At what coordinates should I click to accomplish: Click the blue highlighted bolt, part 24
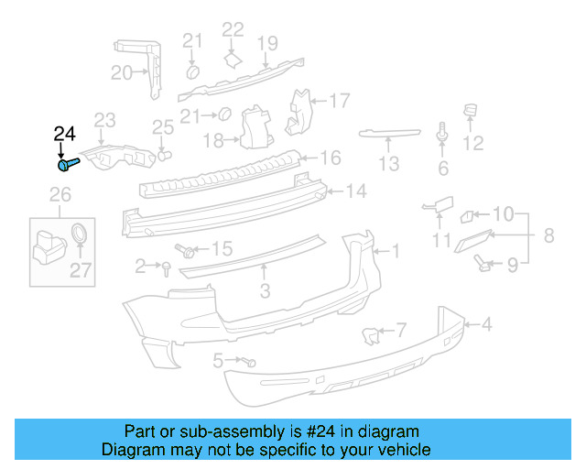coord(69,166)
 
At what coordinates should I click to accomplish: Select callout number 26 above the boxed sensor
coord(60,195)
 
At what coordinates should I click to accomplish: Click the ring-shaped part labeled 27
coord(81,233)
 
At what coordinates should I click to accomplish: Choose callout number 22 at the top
coord(233,31)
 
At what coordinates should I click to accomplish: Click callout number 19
coord(266,42)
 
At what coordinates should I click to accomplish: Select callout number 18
coord(213,140)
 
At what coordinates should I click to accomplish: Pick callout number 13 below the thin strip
coord(389,165)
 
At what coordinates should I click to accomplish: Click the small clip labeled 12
coord(472,115)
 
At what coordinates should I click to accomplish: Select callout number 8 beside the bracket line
coord(548,236)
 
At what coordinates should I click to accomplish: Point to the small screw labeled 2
coord(167,267)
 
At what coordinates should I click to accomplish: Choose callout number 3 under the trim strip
coord(265,291)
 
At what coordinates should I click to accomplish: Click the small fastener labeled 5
coord(249,362)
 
